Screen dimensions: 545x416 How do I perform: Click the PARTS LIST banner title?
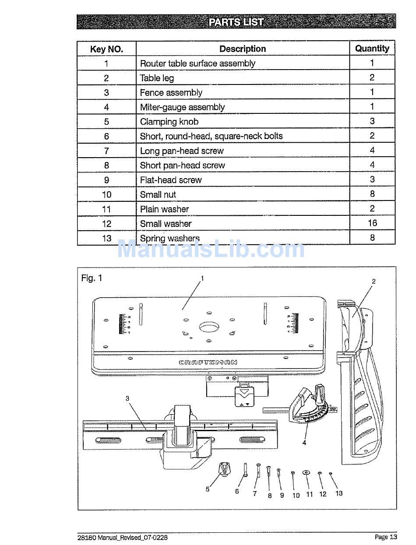(236, 22)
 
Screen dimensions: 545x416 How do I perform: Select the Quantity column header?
(372, 49)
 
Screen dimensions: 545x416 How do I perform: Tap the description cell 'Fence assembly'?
(171, 93)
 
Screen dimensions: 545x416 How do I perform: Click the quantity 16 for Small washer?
(372, 223)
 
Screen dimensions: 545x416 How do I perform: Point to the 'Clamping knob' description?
(169, 122)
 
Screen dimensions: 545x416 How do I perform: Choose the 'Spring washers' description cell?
(170, 239)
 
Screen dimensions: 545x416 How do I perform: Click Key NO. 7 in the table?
(106, 151)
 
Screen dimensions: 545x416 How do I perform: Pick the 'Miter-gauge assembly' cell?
(182, 107)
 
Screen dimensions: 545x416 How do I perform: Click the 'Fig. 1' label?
(92, 278)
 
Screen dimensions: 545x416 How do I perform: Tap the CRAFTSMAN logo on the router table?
(208, 362)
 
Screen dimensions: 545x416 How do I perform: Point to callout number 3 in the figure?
(127, 398)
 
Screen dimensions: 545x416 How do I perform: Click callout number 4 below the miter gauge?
(304, 443)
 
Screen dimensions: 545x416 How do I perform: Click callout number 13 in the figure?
(339, 493)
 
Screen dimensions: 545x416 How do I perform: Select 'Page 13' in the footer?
(386, 537)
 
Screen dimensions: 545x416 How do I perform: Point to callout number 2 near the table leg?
(374, 281)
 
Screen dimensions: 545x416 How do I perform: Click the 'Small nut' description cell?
(158, 195)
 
